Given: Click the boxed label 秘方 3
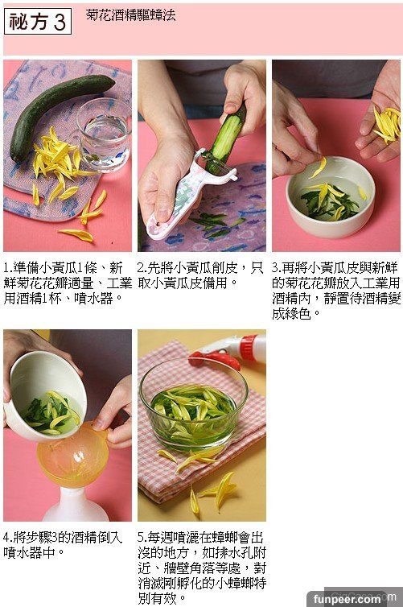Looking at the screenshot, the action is click(38, 21).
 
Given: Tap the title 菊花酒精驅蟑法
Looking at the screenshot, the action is click(131, 15).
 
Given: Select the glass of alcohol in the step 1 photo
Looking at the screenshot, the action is click(104, 134).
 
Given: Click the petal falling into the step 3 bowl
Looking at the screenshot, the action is click(319, 167).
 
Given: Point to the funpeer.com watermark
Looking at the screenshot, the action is click(347, 599).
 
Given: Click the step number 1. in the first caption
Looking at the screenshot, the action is click(8, 267).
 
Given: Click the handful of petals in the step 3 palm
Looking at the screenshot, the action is click(387, 124).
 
